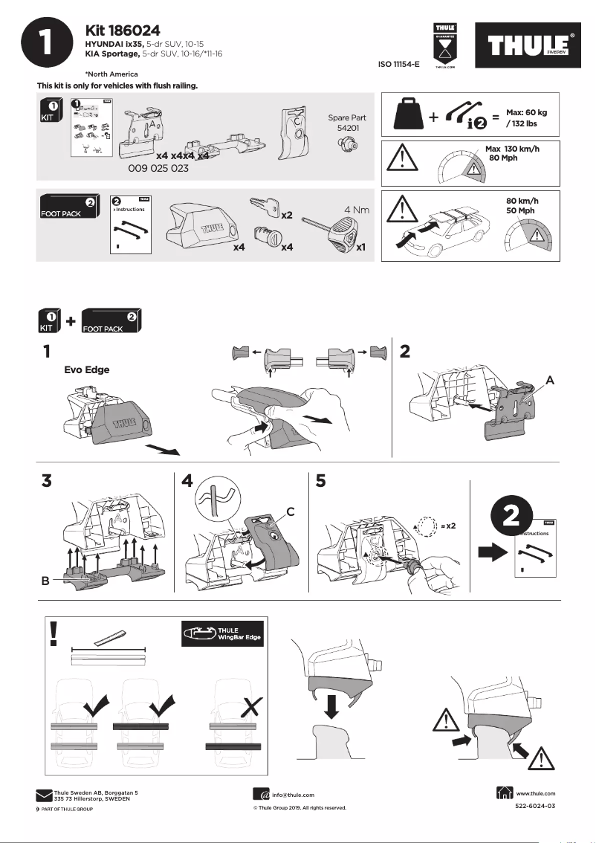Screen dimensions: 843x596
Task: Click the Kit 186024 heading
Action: (123, 30)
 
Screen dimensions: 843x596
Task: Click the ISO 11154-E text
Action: (399, 65)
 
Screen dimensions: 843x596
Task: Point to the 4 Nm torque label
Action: (356, 210)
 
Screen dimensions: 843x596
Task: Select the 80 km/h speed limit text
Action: (521, 201)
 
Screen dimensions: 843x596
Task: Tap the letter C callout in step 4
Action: (291, 511)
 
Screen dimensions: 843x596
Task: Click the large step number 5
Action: (320, 482)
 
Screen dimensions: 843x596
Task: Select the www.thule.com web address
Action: (535, 794)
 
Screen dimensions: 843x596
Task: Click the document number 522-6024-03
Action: (535, 806)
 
